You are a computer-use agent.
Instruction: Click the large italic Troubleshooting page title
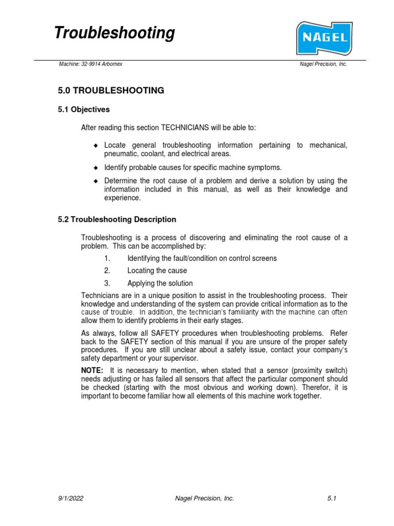point(114,33)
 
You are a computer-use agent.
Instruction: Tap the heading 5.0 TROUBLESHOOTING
point(111,90)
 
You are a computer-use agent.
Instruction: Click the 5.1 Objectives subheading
point(84,109)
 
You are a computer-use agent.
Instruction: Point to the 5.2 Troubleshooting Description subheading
point(117,219)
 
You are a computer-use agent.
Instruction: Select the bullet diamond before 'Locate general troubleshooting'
point(95,146)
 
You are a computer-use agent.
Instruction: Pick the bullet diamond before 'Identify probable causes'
point(95,168)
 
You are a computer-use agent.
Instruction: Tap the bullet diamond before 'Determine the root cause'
point(95,181)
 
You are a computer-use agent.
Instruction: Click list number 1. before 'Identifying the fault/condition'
point(107,258)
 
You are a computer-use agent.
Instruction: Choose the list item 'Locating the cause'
point(157,271)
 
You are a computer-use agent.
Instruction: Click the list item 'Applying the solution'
point(160,284)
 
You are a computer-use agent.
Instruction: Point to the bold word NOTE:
point(92,371)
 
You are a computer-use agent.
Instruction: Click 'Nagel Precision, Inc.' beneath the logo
point(323,64)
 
